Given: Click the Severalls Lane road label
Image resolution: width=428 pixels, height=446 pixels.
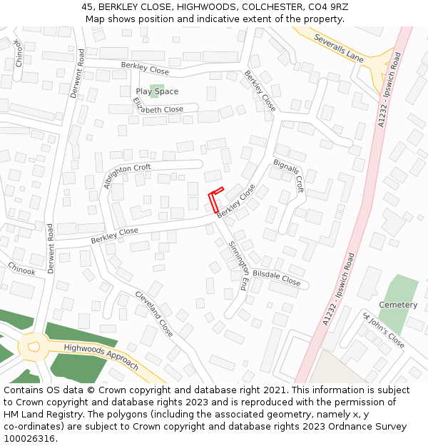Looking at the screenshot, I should click(337, 46).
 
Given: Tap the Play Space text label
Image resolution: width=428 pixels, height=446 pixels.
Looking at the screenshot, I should click(157, 91).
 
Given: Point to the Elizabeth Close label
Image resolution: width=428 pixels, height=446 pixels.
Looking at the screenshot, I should click(158, 106).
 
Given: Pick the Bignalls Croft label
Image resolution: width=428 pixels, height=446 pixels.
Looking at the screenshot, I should click(289, 176).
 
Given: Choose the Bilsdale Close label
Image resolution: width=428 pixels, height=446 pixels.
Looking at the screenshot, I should click(277, 278).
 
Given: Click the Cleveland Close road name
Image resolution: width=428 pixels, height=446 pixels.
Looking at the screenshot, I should click(154, 314).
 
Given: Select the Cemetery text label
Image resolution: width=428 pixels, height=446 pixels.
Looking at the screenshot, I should click(398, 305).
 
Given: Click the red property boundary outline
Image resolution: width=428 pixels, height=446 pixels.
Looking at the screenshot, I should click(215, 201).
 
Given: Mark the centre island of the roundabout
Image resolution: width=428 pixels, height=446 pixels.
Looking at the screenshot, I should click(34, 348).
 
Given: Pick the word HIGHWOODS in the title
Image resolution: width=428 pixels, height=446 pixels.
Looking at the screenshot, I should click(206, 7).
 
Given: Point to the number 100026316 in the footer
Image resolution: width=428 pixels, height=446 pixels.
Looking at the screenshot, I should click(29, 439).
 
